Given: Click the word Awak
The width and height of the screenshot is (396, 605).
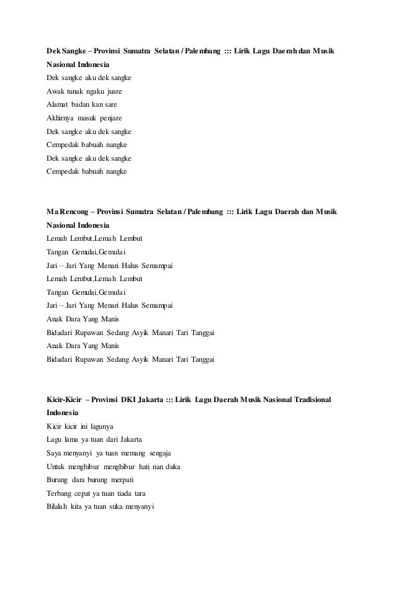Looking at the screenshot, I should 56,91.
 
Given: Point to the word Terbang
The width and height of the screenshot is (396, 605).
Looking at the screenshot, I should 60,493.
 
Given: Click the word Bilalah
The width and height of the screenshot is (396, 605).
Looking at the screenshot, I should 58,506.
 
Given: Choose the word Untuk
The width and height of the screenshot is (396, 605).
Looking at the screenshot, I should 56,467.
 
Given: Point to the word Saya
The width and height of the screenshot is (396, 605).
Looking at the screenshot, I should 55,453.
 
